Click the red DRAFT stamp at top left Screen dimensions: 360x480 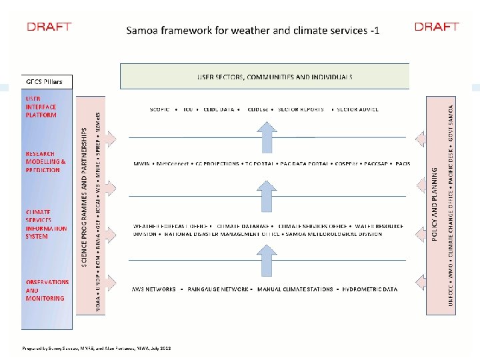pos(49,27)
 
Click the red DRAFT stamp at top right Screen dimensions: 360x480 pos(437,27)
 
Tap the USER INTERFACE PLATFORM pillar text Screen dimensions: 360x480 pos(41,107)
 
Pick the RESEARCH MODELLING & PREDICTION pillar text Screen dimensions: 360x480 pos(46,161)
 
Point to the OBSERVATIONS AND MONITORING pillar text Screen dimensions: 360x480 pos(47,290)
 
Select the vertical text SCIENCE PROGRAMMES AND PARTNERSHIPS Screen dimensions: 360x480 pos(85,193)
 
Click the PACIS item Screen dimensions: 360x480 pos(403,163)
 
